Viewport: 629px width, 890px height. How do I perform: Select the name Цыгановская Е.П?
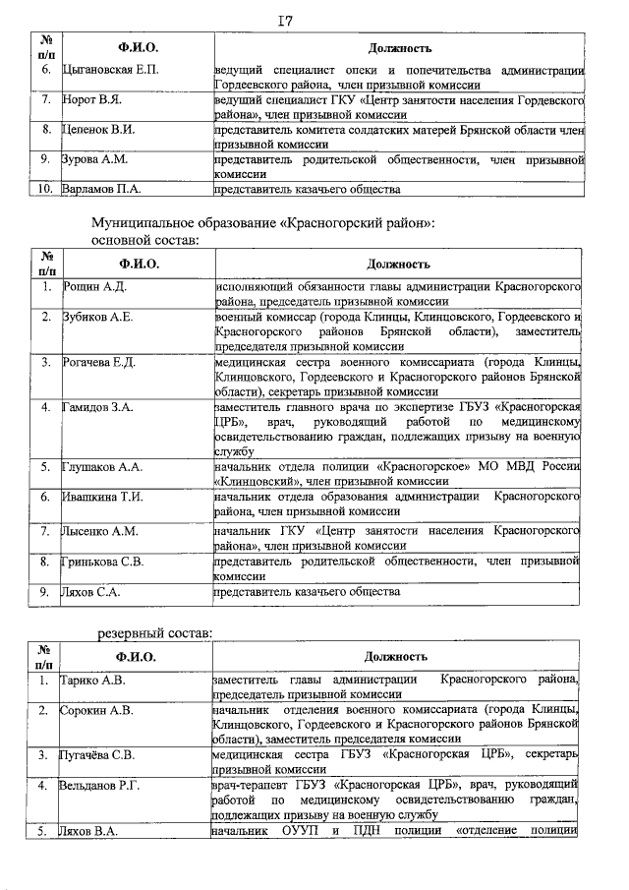point(109,70)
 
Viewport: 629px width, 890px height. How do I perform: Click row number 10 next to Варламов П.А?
point(44,189)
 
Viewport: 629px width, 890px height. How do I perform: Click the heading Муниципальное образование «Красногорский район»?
point(262,223)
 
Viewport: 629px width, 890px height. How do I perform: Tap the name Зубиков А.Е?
point(97,317)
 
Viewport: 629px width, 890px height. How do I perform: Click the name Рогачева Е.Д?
point(101,362)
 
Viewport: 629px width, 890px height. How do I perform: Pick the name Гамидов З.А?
point(99,407)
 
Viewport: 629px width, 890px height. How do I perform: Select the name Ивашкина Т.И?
point(102,498)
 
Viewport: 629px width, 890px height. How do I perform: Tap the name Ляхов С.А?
point(91,592)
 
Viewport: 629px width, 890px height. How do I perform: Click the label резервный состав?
point(152,634)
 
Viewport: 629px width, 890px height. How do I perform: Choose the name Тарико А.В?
point(93,680)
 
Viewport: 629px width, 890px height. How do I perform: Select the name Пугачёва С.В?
point(97,755)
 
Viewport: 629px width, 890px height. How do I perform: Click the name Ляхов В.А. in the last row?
point(89,832)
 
